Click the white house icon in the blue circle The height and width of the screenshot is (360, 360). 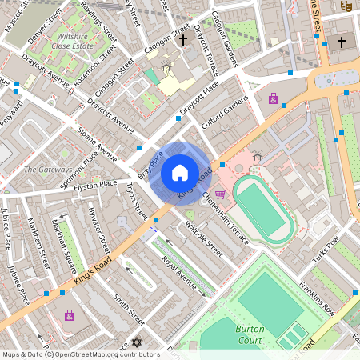pos(180,173)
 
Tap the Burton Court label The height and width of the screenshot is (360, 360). pos(250,334)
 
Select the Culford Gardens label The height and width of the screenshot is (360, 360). pos(226,111)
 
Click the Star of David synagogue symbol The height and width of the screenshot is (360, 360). pos(136,343)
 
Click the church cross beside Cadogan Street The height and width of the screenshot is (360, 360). pos(183,38)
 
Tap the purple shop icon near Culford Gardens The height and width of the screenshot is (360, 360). pos(274,99)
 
